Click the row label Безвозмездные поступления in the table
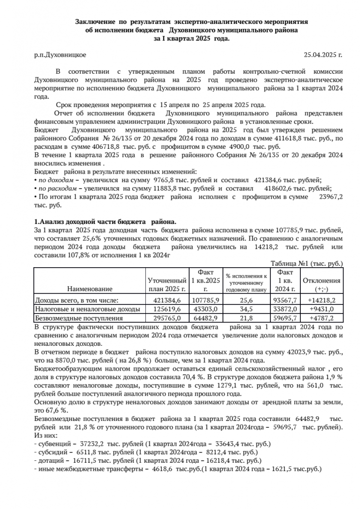click(78, 317)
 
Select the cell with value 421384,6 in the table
click(167, 300)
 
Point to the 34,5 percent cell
click(246, 309)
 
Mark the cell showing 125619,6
click(167, 309)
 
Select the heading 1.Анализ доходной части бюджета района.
click(105, 222)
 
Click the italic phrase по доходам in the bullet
click(54, 180)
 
